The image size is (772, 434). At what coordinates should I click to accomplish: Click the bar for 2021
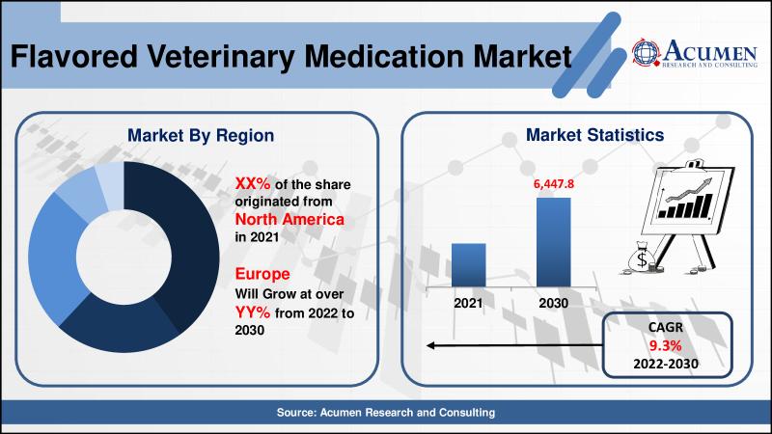point(468,264)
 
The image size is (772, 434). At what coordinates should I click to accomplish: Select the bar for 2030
point(553,242)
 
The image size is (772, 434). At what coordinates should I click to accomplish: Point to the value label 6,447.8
point(554,181)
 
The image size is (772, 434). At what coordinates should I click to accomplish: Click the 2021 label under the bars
point(468,303)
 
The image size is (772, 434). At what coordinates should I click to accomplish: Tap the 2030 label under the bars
point(553,303)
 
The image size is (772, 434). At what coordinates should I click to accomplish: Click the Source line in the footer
point(386,413)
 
